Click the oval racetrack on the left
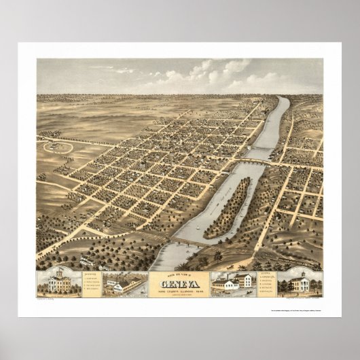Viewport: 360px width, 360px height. click(55, 145)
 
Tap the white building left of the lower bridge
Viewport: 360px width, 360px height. click(88, 259)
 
